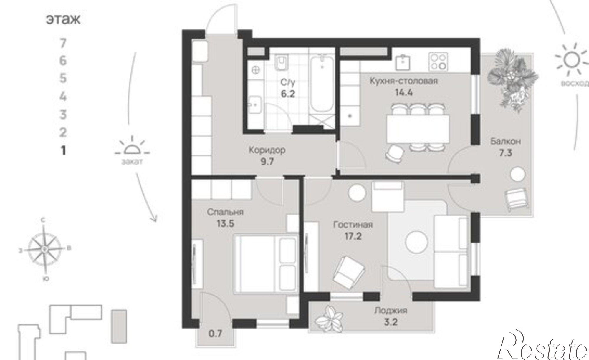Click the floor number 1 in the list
(x=63, y=151)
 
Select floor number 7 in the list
(x=63, y=44)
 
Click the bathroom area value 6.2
(x=288, y=94)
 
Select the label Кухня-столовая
(x=404, y=81)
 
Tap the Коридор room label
(x=267, y=150)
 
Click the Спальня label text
(x=225, y=212)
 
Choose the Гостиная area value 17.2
(x=353, y=236)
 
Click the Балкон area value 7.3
(x=505, y=153)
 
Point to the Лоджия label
(x=391, y=310)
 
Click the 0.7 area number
(x=215, y=334)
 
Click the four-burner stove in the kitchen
(x=438, y=62)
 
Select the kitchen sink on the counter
(x=403, y=62)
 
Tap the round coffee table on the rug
(x=416, y=241)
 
